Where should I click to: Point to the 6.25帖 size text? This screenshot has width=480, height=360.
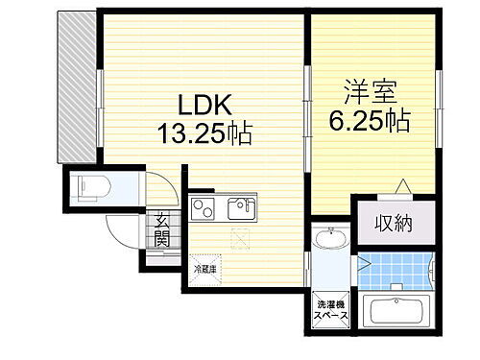(x=372, y=120)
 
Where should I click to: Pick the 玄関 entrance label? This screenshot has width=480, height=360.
(x=162, y=230)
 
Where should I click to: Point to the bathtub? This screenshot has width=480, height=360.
(x=395, y=313)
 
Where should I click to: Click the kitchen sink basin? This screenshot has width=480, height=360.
(x=240, y=206)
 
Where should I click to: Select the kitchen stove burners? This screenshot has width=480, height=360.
(x=203, y=206)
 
